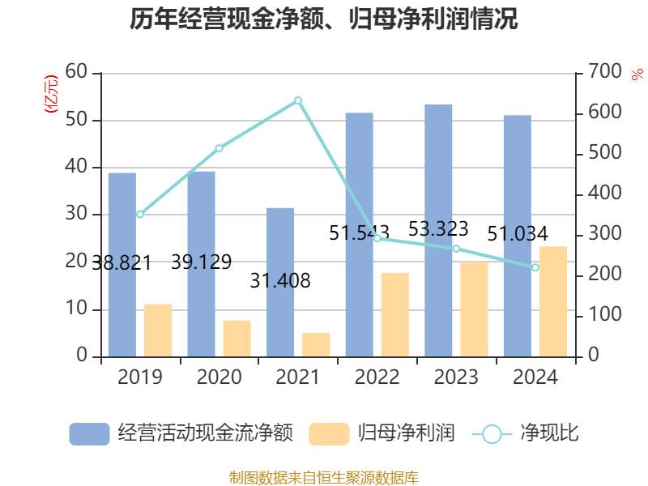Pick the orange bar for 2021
point(317,344)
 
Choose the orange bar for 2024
point(554,301)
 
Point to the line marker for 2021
point(298,100)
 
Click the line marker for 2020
point(219,148)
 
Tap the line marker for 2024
point(535,267)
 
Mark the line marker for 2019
point(140,215)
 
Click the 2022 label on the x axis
point(377,377)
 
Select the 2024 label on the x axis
point(535,377)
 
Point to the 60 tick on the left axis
point(76,72)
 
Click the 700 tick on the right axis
point(603,72)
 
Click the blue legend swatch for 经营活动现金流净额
point(89,433)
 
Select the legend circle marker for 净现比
point(492,433)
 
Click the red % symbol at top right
point(637,74)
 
